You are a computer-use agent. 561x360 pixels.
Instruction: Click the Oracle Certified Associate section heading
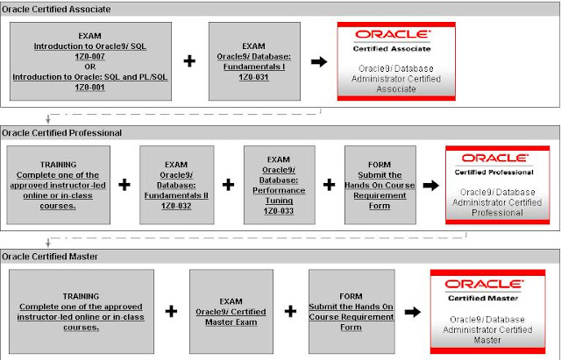(x=55, y=8)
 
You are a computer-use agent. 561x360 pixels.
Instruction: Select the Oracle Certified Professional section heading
(x=60, y=132)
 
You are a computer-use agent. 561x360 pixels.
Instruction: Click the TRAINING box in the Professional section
(x=60, y=185)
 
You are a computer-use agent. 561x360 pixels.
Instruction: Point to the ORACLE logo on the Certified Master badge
(x=479, y=284)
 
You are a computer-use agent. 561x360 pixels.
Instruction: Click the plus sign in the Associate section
(x=189, y=61)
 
